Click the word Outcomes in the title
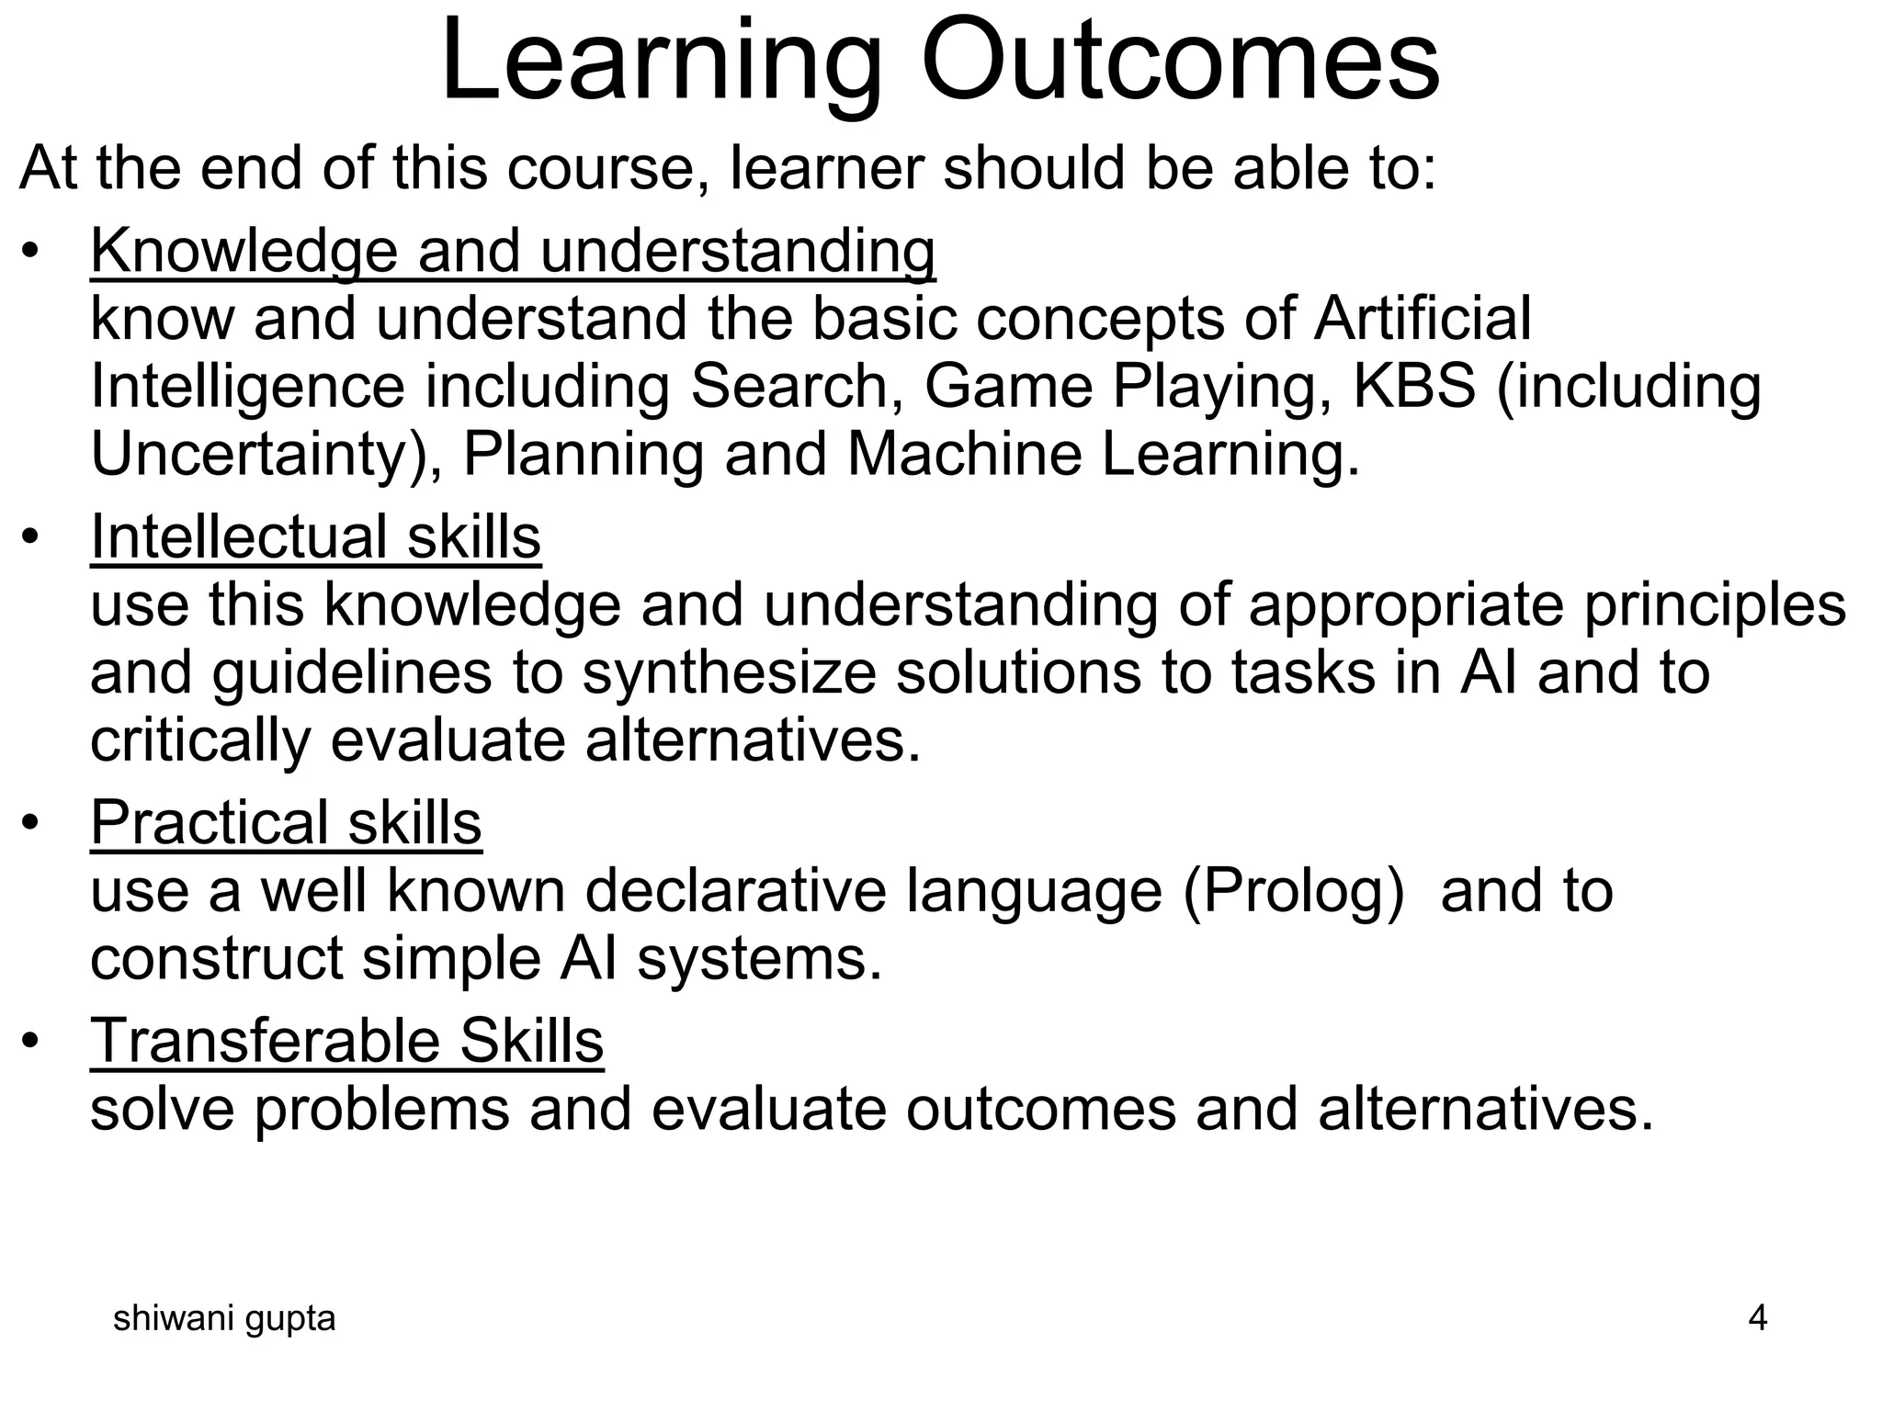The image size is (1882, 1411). point(1180,62)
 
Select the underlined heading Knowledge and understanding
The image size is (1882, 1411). point(513,251)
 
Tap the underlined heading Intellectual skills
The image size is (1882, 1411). point(315,536)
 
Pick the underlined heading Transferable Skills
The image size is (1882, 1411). point(346,1041)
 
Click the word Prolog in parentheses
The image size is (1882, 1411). point(1294,891)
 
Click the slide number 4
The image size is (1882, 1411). point(1757,1318)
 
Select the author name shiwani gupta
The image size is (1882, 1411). point(224,1319)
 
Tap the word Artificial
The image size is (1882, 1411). point(1423,319)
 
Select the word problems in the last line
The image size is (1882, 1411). point(381,1109)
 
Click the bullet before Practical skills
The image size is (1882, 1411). point(31,824)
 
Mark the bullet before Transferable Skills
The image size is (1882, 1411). point(31,1043)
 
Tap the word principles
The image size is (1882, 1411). point(1715,605)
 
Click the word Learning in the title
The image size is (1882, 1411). point(662,62)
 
